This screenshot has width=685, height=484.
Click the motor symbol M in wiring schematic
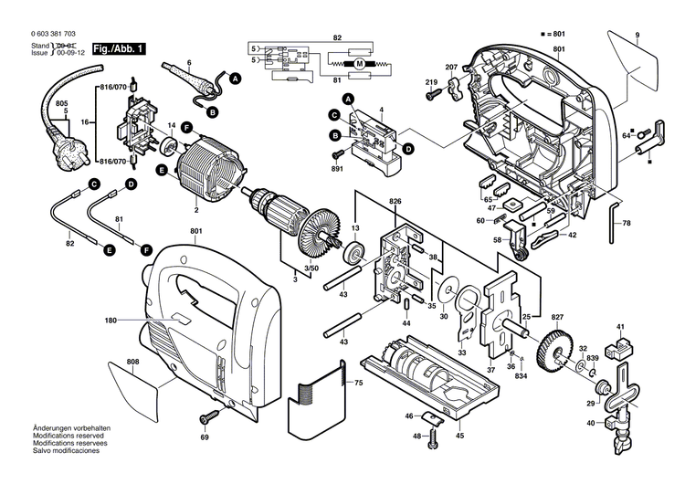click(358, 63)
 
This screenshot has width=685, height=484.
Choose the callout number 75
click(358, 382)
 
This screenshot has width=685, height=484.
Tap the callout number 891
click(338, 168)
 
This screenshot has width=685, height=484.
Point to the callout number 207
click(451, 68)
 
